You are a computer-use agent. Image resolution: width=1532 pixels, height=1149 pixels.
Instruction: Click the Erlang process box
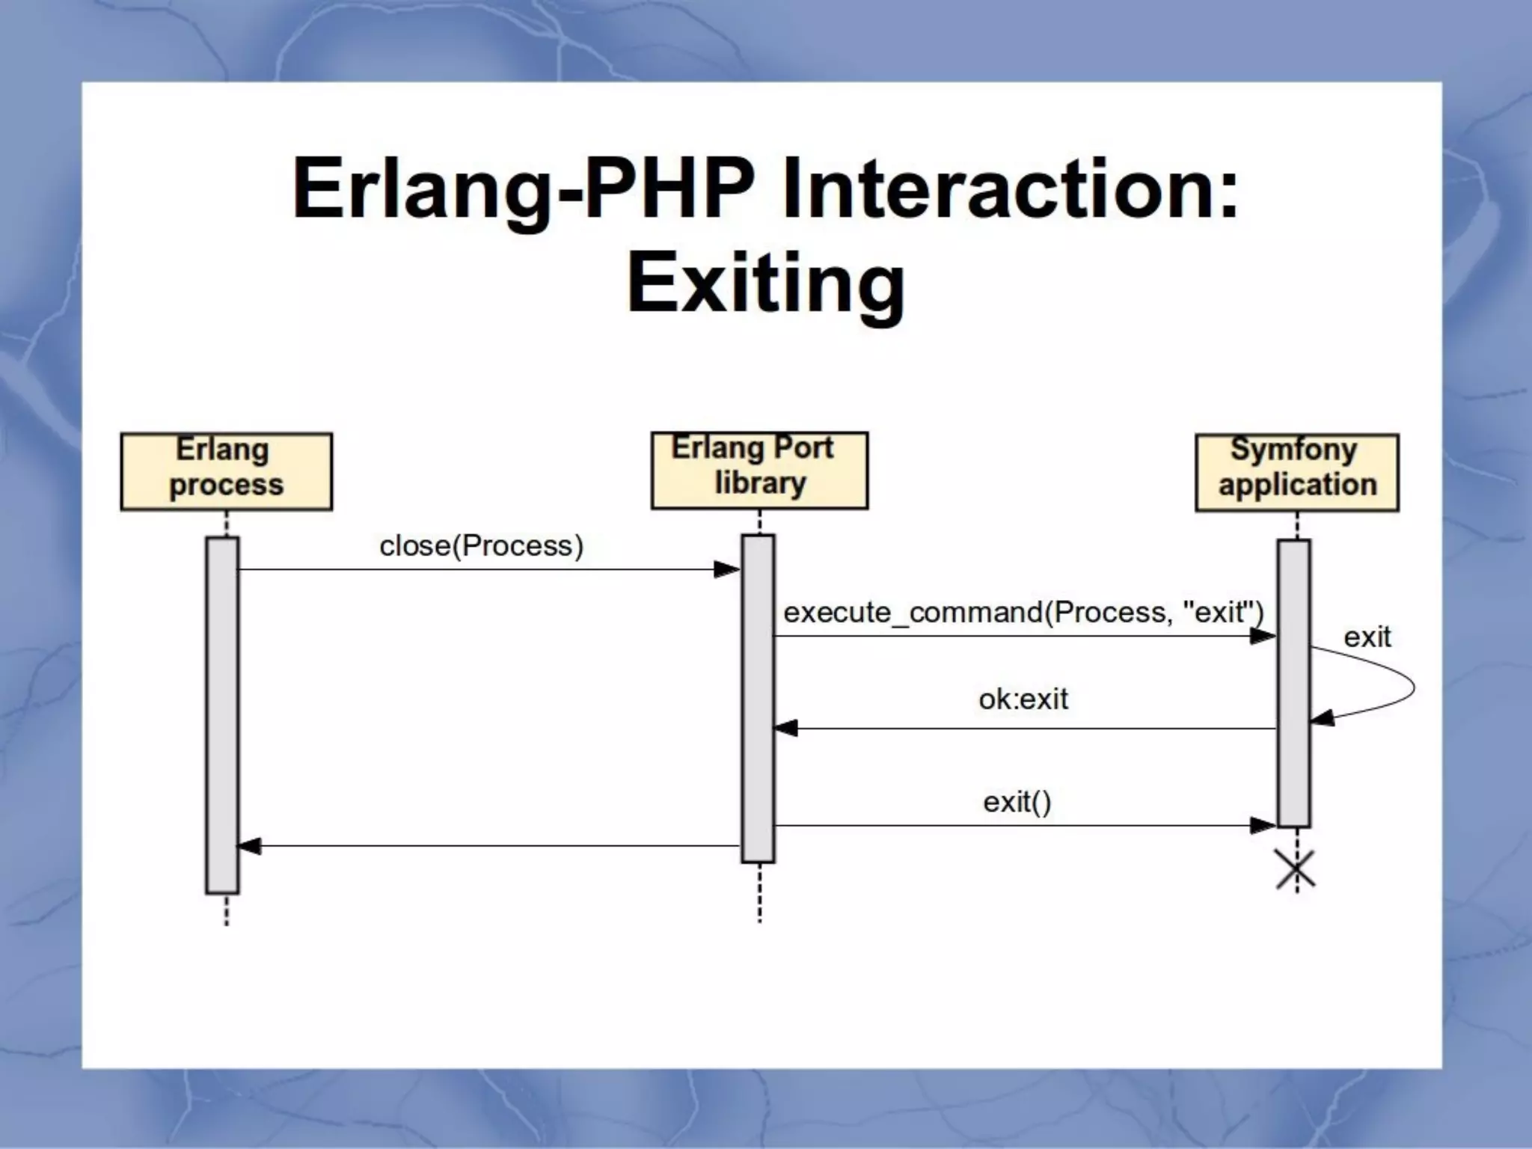[226, 471]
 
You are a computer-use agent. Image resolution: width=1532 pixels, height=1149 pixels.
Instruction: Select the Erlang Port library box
[759, 470]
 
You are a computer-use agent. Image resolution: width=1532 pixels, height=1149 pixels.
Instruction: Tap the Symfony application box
[1297, 472]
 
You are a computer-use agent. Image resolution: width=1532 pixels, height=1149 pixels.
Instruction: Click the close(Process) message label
[481, 546]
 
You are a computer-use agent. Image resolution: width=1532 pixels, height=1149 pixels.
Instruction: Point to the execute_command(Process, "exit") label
[1023, 613]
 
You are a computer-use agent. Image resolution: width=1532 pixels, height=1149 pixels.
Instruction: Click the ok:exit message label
[1023, 699]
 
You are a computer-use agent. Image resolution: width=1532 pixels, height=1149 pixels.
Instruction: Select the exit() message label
[1017, 803]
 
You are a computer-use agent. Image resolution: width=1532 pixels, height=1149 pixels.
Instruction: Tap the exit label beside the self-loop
[1367, 637]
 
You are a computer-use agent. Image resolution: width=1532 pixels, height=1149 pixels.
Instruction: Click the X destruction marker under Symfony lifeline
[1296, 870]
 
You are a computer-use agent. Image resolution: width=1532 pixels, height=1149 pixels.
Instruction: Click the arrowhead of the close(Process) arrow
[726, 570]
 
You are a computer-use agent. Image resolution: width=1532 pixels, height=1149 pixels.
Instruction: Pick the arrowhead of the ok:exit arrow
[786, 729]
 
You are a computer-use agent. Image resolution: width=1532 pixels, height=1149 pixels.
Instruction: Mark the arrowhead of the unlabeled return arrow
[250, 846]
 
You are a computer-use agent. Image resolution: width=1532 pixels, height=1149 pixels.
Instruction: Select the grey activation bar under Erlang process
[222, 714]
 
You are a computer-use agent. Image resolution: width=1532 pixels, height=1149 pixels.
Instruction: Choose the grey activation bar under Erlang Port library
[758, 698]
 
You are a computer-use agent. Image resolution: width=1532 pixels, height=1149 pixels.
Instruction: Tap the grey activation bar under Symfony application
[1293, 683]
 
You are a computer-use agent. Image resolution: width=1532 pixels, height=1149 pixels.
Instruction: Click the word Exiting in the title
[765, 284]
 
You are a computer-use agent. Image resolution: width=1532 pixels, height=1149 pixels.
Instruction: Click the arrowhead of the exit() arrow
[1263, 826]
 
